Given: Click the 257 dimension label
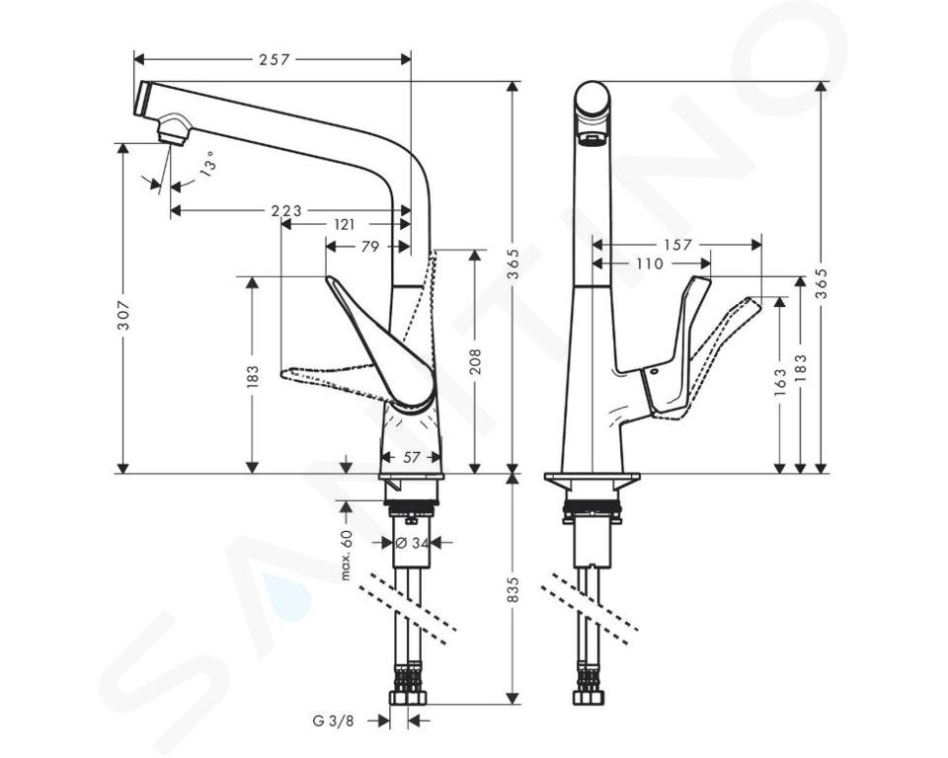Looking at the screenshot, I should click(x=275, y=60).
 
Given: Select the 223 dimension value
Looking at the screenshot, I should click(x=286, y=211).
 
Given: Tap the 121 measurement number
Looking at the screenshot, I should click(x=344, y=225).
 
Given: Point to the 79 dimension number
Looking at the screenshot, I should click(x=369, y=247).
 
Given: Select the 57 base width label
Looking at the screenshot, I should click(x=411, y=458).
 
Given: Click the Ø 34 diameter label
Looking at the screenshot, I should click(x=411, y=542).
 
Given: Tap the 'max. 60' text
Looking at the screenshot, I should click(x=347, y=555).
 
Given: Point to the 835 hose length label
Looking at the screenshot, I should click(x=513, y=589).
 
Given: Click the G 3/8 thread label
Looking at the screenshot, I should click(x=333, y=721).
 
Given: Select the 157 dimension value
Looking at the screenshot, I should click(x=677, y=245).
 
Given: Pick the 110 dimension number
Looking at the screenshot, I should click(x=649, y=264).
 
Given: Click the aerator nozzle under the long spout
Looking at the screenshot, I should click(x=174, y=129).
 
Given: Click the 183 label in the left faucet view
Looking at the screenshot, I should click(x=253, y=375).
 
